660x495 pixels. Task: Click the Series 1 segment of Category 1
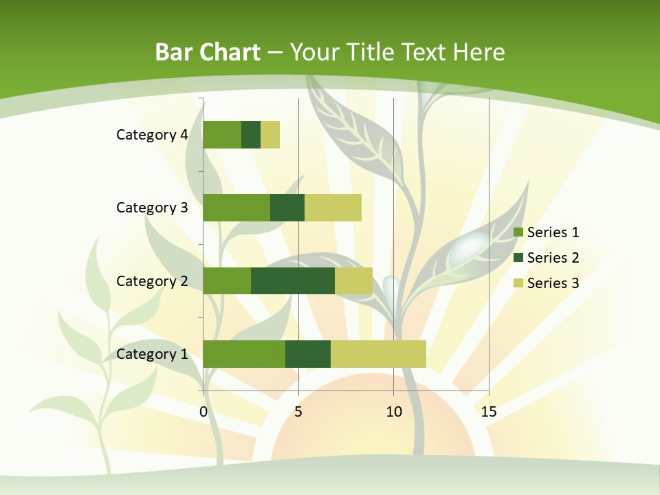tap(244, 354)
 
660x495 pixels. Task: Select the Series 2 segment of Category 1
tap(308, 354)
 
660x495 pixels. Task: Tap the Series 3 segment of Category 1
tap(378, 354)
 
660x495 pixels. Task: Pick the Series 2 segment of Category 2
tap(293, 280)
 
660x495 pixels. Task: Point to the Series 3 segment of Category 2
tap(353, 280)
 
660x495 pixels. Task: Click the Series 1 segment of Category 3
tap(236, 208)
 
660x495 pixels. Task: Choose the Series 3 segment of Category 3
tap(333, 208)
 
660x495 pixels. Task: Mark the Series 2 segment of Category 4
tap(251, 135)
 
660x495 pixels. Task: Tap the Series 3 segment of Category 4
tap(270, 135)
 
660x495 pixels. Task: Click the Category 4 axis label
tap(152, 135)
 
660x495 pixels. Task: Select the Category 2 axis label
tap(152, 280)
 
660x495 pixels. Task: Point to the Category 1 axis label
tap(152, 354)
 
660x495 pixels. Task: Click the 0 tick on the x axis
tap(203, 412)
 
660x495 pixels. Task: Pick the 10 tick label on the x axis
tap(393, 412)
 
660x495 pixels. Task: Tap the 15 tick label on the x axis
tap(489, 412)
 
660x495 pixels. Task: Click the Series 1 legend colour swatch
tap(518, 232)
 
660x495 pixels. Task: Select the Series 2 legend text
tap(553, 258)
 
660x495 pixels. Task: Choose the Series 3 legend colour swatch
tap(518, 283)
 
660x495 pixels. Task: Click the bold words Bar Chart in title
tap(208, 52)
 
